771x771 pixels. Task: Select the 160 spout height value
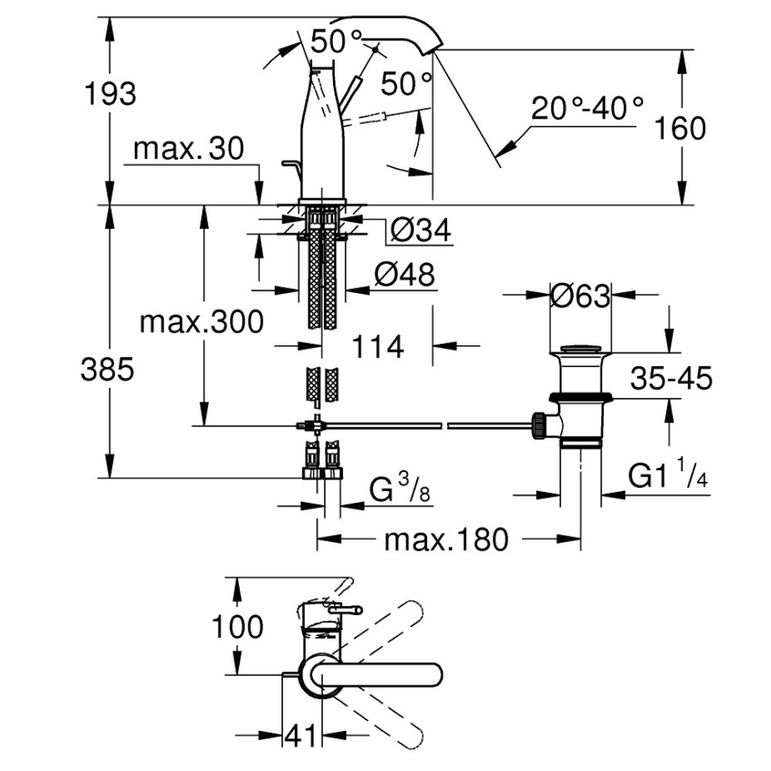pos(680,128)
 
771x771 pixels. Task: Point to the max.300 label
pos(201,322)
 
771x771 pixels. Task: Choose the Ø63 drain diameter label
pos(580,295)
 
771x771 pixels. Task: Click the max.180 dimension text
pos(446,540)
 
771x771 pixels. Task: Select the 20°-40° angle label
pos(587,109)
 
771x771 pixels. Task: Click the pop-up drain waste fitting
pos(580,393)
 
